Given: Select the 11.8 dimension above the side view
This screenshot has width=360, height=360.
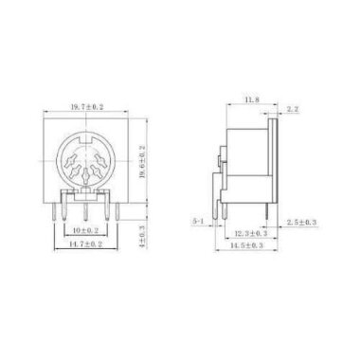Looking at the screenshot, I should click(x=251, y=99).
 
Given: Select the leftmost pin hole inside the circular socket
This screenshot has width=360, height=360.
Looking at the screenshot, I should click(x=69, y=165).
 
